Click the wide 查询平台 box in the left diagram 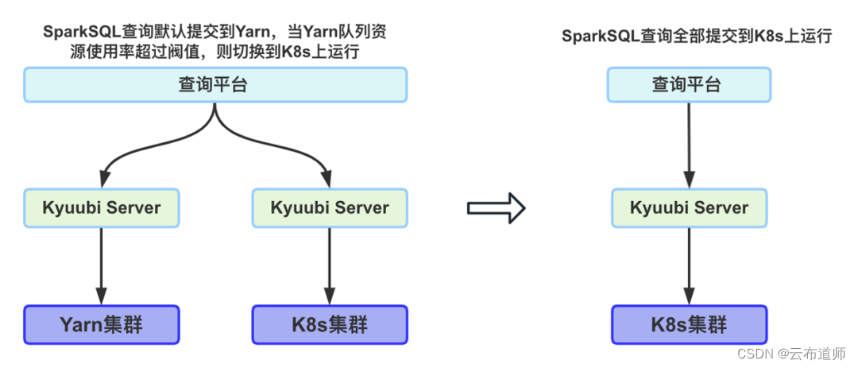[x=214, y=84]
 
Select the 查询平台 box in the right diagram [x=688, y=84]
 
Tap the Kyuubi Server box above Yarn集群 [x=102, y=207]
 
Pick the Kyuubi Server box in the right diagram [x=688, y=207]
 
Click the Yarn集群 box [x=102, y=324]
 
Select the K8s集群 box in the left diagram [x=329, y=324]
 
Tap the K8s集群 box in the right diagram [x=688, y=324]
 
